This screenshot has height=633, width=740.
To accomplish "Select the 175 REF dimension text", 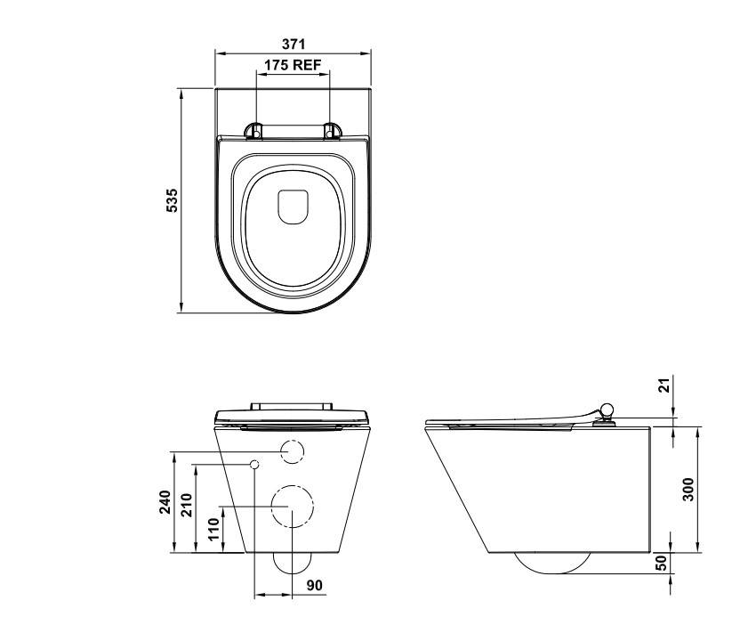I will [293, 65].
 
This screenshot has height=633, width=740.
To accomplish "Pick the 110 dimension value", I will [212, 530].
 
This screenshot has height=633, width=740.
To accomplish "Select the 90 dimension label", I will [313, 587].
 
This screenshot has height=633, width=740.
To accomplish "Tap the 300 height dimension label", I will [688, 488].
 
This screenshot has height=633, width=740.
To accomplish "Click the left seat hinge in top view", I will [254, 131].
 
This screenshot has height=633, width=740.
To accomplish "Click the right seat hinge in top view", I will [333, 131].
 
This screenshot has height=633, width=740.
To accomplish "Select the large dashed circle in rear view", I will [293, 507].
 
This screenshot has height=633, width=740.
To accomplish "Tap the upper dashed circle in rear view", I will [293, 451].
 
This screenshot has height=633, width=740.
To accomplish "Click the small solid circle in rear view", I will [254, 464].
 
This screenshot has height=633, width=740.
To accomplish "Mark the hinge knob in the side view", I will [607, 410].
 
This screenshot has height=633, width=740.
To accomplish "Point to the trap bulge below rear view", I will [293, 563].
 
